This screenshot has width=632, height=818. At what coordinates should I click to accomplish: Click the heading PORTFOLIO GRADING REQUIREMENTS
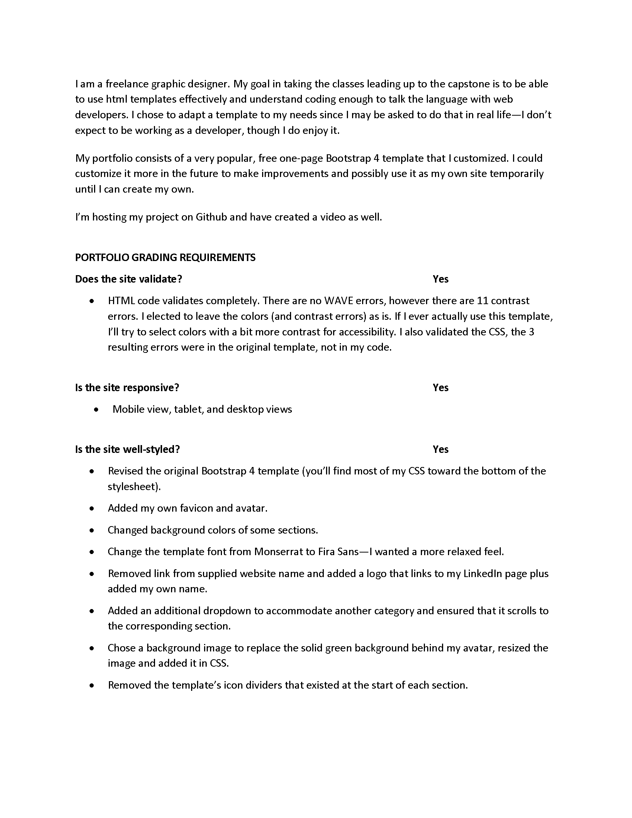pyautogui.click(x=165, y=257)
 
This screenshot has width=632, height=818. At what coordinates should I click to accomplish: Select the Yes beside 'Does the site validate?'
pyautogui.click(x=440, y=279)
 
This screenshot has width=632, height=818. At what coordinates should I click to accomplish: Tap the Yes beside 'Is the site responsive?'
pyautogui.click(x=440, y=387)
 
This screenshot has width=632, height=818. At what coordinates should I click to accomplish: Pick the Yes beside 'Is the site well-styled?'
pyautogui.click(x=440, y=449)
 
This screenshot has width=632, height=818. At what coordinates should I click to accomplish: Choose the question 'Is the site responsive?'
pyautogui.click(x=127, y=387)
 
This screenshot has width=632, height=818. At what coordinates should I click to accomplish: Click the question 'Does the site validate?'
pyautogui.click(x=128, y=279)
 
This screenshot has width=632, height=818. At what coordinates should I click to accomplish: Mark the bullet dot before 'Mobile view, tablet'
pyautogui.click(x=97, y=410)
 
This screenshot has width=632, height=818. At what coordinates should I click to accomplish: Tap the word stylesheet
pyautogui.click(x=132, y=487)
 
